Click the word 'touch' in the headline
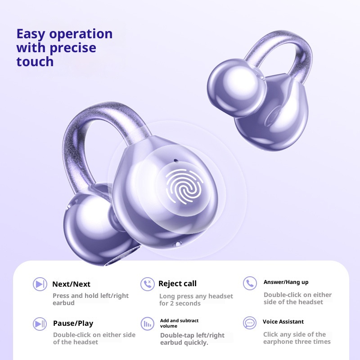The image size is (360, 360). coord(35,62)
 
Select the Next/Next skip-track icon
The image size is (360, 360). coord(40,284)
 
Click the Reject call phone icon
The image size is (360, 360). coord(147,283)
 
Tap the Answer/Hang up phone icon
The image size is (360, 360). coord(249,283)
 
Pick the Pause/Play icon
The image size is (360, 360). coord(40,323)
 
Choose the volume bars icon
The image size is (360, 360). coord(147,323)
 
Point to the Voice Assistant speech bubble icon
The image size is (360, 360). coord(249,322)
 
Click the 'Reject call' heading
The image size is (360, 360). coord(177,283)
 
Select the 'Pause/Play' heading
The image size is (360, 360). coord(73,323)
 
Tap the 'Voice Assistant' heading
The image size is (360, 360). coord(283,322)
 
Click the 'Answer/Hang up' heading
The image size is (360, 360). coord(286,282)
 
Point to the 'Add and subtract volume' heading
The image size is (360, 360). coord(179,323)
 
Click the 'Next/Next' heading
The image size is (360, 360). coord(71,284)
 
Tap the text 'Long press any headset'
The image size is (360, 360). coord(196,296)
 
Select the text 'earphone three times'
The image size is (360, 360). coord(297,342)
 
